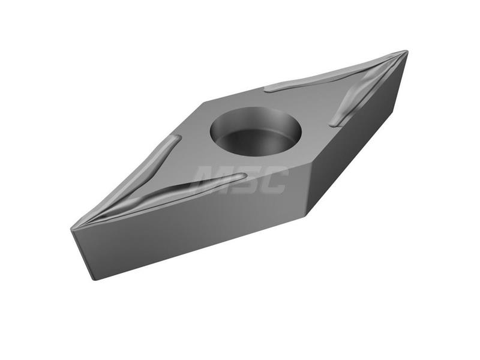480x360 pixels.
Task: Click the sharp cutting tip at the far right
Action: [407, 52]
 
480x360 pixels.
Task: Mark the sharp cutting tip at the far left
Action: [71, 229]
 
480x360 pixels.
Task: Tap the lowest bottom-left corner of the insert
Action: [93, 279]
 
